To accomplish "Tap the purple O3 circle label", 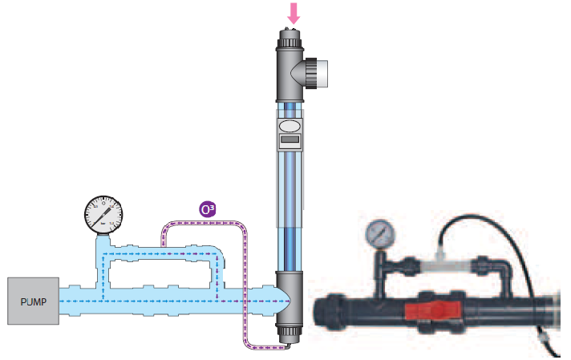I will [x=207, y=210].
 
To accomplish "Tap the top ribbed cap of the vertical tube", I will [x=289, y=38].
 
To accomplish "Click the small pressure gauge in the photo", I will [x=377, y=233].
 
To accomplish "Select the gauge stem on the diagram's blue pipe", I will [x=102, y=241].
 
